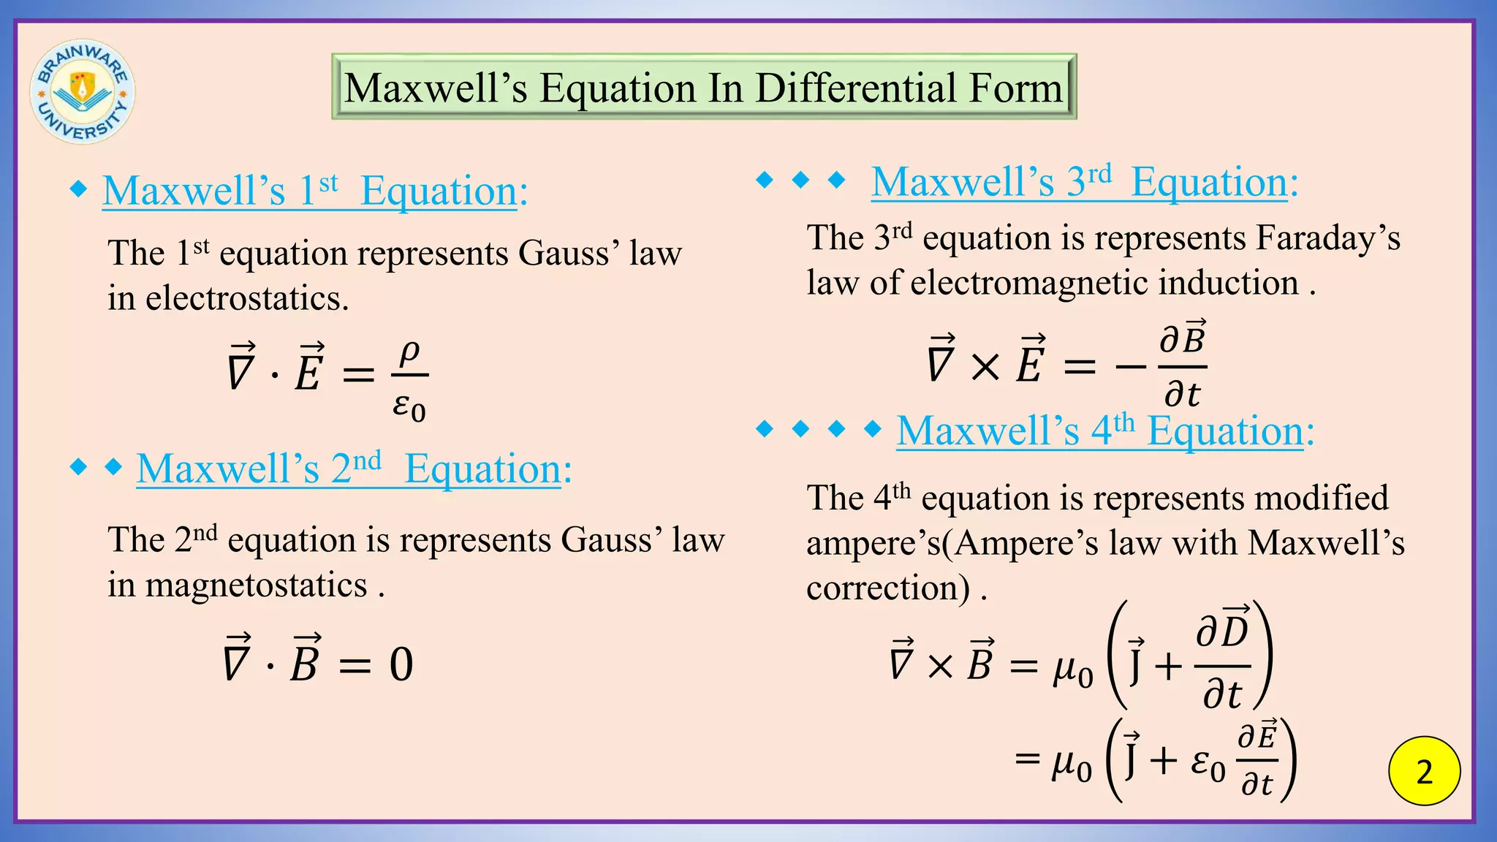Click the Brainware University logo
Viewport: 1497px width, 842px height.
pyautogui.click(x=82, y=91)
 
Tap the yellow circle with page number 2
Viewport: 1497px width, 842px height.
pyautogui.click(x=1424, y=771)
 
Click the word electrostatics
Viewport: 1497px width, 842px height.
pyautogui.click(x=246, y=298)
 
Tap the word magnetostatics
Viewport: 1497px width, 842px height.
pyautogui.click(x=256, y=585)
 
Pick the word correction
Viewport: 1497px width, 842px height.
pyautogui.click(x=887, y=588)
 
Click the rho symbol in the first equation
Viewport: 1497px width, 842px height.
pyautogui.click(x=409, y=353)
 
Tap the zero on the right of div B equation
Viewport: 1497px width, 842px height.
pyautogui.click(x=401, y=664)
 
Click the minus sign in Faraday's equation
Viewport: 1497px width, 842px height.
pyautogui.click(x=1130, y=365)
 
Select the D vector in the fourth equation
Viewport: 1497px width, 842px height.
pyautogui.click(x=1234, y=630)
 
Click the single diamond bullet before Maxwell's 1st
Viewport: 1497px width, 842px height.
pyautogui.click(x=78, y=190)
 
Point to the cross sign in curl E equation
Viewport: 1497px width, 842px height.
pyautogui.click(x=985, y=365)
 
